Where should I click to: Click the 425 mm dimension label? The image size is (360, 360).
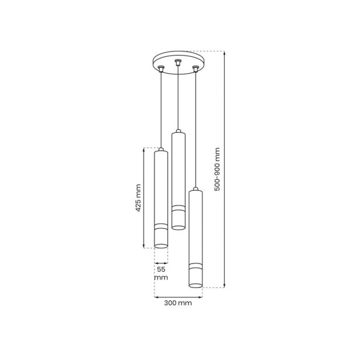pyautogui.click(x=138, y=197)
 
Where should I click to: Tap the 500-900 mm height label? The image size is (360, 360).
pyautogui.click(x=217, y=169)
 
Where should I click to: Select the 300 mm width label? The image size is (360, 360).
pyautogui.click(x=178, y=303)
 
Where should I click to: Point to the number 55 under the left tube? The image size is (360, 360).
pyautogui.click(x=161, y=269)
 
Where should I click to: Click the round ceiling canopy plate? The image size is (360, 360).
pyautogui.click(x=179, y=63)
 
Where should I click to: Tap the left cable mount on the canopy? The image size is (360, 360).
pyautogui.click(x=161, y=68)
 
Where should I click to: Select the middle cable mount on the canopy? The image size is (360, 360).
pyautogui.click(x=177, y=62)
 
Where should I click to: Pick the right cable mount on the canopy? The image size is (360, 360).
pyautogui.click(x=196, y=69)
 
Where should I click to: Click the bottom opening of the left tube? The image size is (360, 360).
pyautogui.click(x=161, y=246)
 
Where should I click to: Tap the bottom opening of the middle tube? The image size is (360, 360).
pyautogui.click(x=179, y=228)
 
